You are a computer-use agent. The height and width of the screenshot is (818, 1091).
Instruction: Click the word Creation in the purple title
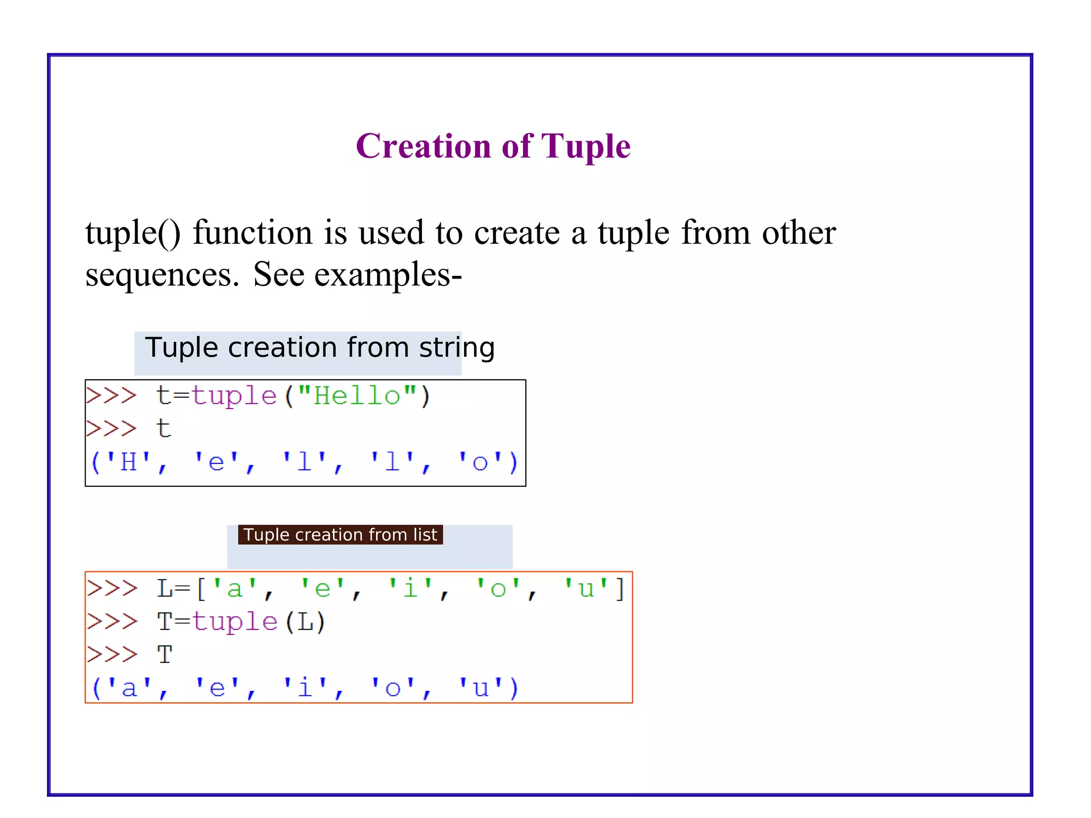click(x=423, y=146)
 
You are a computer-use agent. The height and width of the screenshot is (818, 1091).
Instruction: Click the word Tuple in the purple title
click(x=585, y=147)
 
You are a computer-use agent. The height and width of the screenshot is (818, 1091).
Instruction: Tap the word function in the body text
click(x=253, y=233)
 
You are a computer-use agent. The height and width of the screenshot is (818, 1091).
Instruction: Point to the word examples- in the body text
click(x=388, y=275)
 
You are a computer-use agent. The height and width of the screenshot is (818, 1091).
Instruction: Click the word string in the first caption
click(x=457, y=348)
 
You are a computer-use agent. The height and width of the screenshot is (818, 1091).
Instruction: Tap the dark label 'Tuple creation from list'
click(x=340, y=535)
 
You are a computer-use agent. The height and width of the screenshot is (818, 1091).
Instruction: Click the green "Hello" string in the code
click(x=357, y=396)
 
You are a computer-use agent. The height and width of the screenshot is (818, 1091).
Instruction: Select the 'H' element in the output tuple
click(x=128, y=462)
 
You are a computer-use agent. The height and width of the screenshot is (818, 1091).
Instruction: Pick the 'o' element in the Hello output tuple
click(x=480, y=462)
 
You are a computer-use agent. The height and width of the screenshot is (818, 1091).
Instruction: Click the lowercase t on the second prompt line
click(x=164, y=429)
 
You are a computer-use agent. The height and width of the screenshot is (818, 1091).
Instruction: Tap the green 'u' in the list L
click(x=586, y=589)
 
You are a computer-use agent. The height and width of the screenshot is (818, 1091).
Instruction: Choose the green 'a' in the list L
click(x=234, y=589)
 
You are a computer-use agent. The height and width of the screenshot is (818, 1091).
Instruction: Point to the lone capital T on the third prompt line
click(x=165, y=655)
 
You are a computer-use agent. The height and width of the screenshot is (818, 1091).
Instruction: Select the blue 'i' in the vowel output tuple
click(x=304, y=688)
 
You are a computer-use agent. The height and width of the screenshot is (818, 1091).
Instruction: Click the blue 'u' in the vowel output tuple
click(x=481, y=688)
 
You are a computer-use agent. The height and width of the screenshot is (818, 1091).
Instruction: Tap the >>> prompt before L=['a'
click(x=112, y=589)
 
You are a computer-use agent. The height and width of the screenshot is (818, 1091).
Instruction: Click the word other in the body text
click(x=799, y=233)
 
